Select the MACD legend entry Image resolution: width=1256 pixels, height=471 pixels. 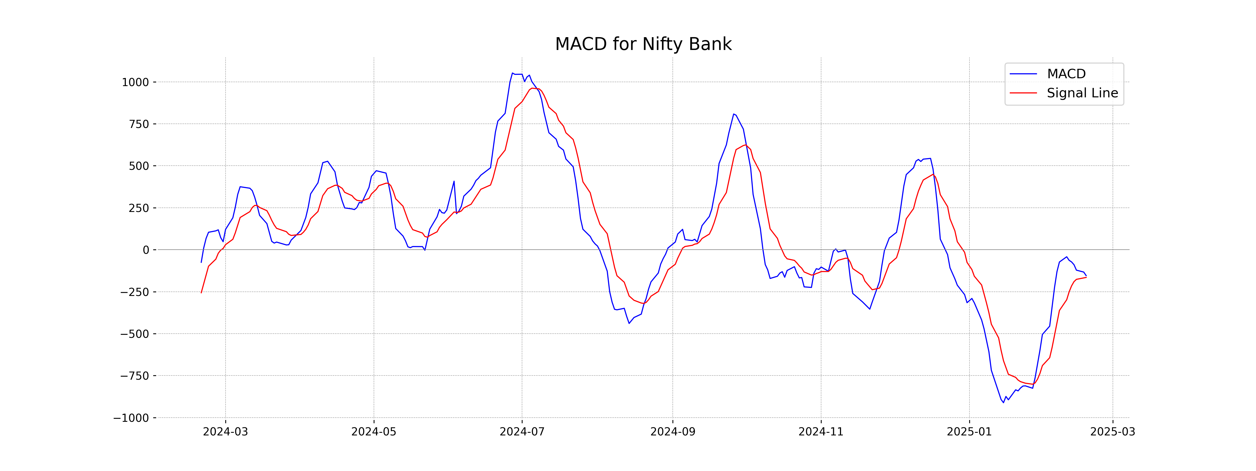tap(1066, 74)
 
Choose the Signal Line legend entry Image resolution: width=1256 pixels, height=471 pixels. tap(1082, 93)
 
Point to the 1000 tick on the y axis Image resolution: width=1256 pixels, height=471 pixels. tap(135, 82)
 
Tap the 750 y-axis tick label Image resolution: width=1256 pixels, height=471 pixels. tap(139, 124)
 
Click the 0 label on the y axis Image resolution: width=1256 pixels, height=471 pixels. tap(146, 250)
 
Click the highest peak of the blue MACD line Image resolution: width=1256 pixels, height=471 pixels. tap(512, 73)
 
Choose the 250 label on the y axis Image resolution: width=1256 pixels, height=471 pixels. tap(139, 208)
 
